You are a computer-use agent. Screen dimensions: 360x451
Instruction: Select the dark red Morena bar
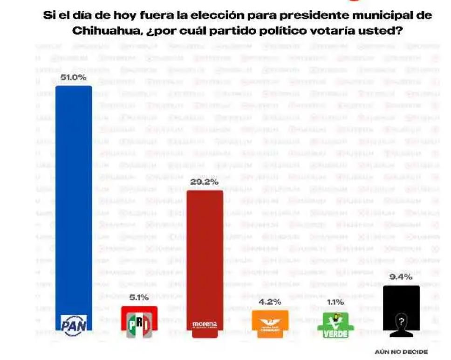click(x=205, y=252)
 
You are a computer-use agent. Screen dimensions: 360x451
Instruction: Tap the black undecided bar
click(x=401, y=298)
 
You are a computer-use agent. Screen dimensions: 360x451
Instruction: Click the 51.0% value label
click(x=74, y=78)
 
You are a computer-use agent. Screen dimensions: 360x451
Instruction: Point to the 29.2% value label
click(x=205, y=182)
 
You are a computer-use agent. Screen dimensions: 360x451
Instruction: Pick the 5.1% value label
click(x=139, y=298)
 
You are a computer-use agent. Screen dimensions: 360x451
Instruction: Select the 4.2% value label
click(x=270, y=302)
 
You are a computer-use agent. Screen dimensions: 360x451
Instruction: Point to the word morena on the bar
click(x=205, y=324)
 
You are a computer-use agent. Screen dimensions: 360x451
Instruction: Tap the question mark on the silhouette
click(x=401, y=321)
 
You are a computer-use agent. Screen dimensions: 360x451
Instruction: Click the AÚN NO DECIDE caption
click(x=401, y=352)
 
